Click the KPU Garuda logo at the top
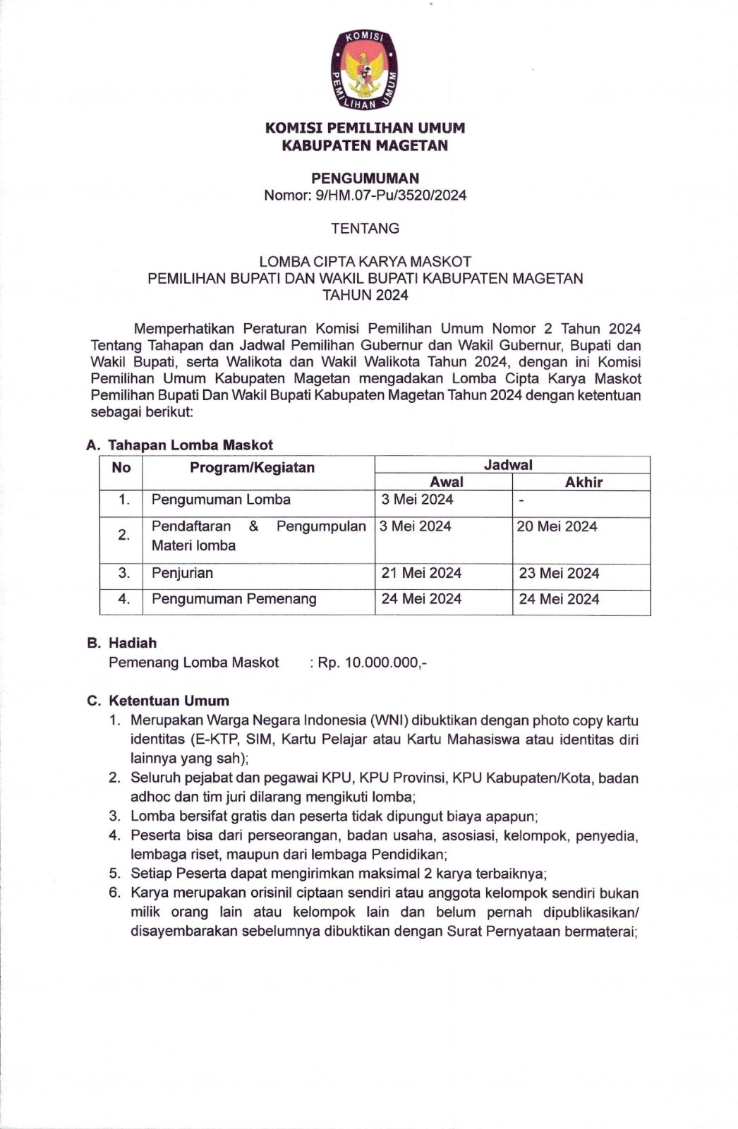[x=364, y=71]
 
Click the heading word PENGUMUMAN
[x=365, y=179]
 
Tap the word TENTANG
[x=365, y=229]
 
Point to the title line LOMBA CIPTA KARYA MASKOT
[x=365, y=262]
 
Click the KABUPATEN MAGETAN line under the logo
[x=365, y=146]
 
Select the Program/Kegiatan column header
[x=252, y=468]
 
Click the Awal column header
[x=447, y=482]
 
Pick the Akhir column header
[x=583, y=482]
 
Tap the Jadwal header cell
[x=508, y=465]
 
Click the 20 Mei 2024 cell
[x=557, y=526]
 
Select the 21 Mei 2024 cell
[x=421, y=573]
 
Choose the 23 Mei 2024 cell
[x=559, y=573]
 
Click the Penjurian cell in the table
[x=182, y=573]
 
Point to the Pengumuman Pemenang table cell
[x=234, y=599]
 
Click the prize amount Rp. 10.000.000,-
[x=372, y=663]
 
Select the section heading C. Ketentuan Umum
[x=158, y=701]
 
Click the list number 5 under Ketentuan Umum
[x=114, y=874]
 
